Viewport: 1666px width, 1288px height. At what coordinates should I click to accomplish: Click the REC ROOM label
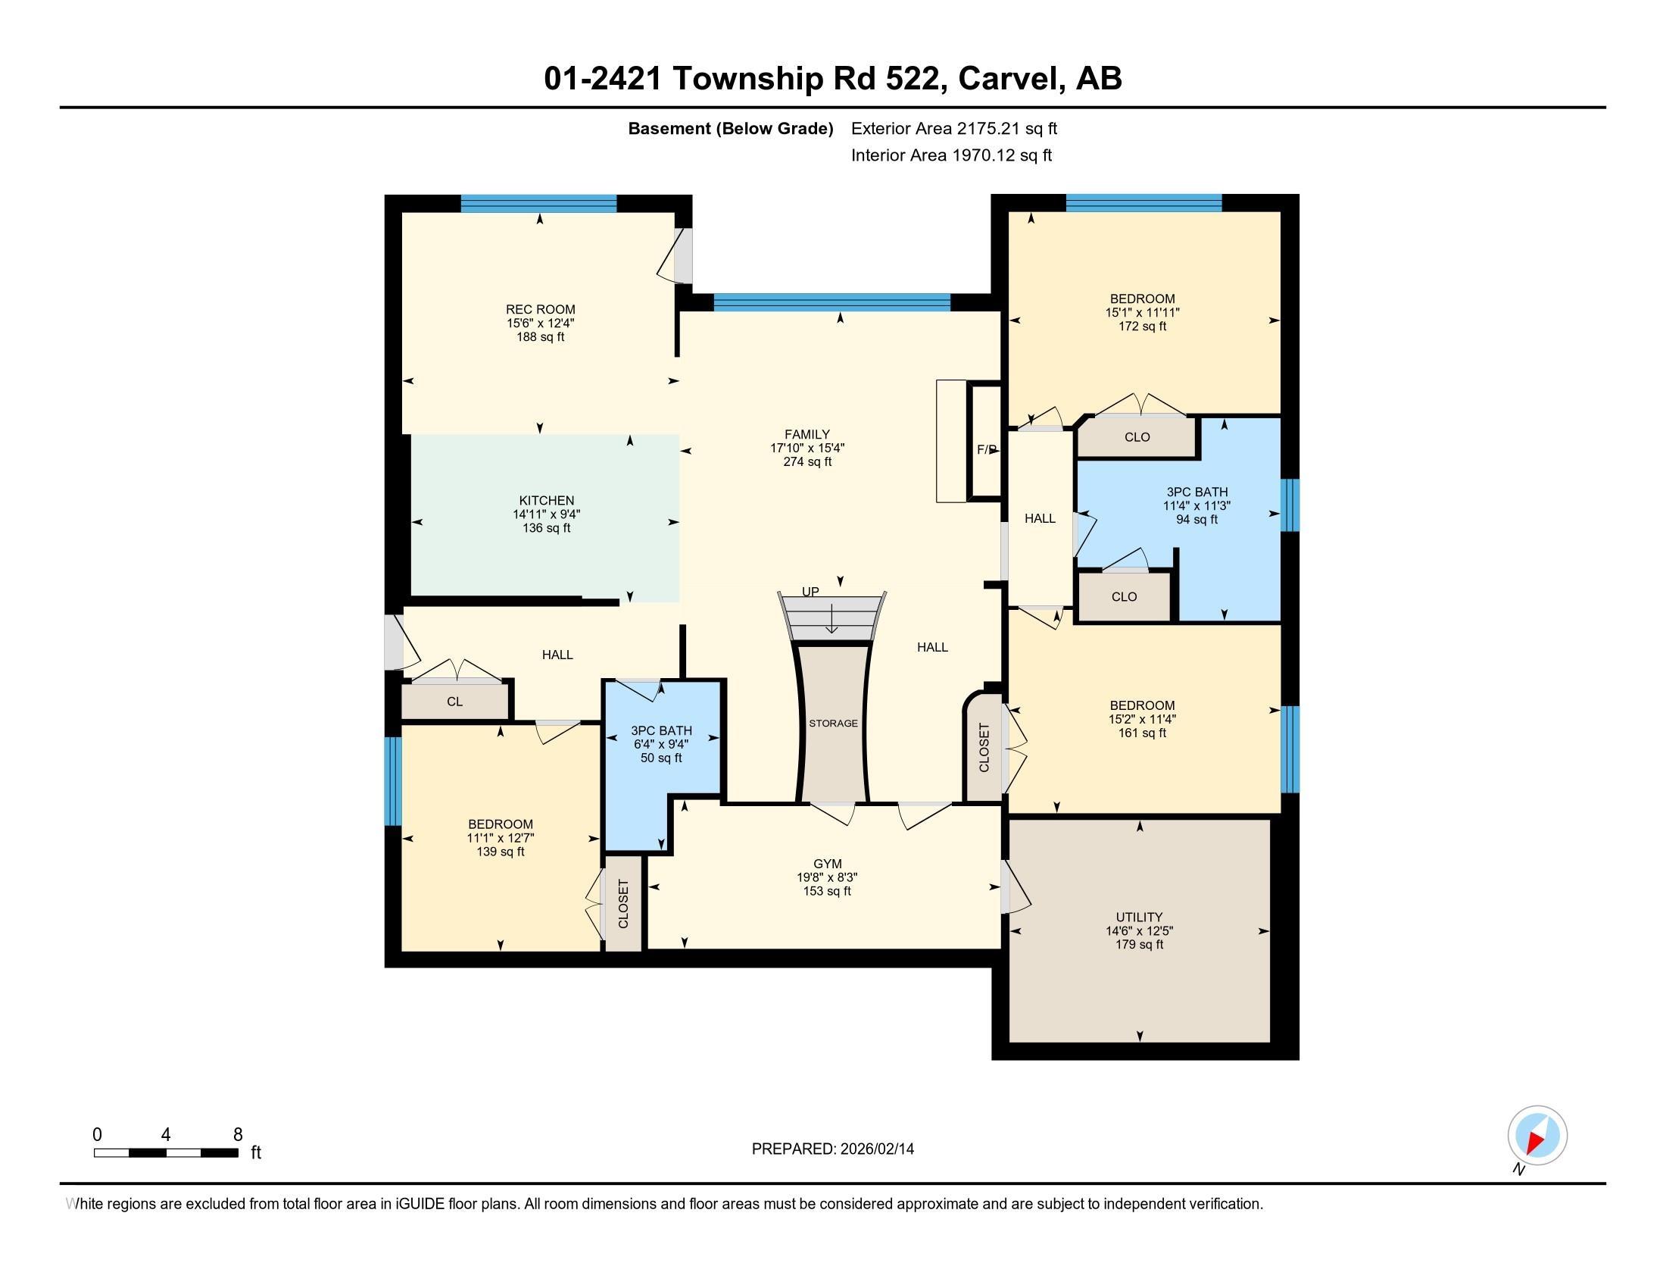(x=540, y=309)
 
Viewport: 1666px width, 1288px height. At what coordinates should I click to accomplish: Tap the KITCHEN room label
(x=546, y=501)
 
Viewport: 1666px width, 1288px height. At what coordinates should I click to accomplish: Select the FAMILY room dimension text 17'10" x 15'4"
(x=807, y=449)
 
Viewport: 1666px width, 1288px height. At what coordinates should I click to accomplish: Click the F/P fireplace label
(x=987, y=449)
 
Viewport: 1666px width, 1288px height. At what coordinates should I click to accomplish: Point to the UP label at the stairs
(x=810, y=592)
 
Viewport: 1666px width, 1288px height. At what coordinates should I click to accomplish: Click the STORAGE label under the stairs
(x=833, y=724)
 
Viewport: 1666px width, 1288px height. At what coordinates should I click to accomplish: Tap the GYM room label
(x=827, y=864)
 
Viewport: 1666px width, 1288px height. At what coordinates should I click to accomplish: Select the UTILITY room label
(x=1139, y=918)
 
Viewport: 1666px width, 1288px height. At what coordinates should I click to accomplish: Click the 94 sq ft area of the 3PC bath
(x=1196, y=520)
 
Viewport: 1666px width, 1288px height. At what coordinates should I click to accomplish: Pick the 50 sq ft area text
(x=660, y=758)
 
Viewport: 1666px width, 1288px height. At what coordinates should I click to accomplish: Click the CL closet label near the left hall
(x=454, y=702)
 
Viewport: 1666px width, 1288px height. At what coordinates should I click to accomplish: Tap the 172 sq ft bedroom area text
(x=1142, y=327)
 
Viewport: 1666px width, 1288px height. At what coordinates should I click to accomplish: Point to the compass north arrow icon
(x=1537, y=1136)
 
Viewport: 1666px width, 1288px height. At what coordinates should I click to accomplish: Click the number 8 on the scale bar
(x=237, y=1135)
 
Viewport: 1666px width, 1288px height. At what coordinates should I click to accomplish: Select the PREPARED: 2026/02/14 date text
(x=832, y=1149)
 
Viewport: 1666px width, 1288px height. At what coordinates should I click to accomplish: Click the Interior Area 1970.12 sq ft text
(x=950, y=155)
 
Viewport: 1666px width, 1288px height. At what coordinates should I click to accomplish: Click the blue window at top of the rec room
(x=538, y=203)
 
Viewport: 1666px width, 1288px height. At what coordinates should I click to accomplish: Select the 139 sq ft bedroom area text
(x=500, y=852)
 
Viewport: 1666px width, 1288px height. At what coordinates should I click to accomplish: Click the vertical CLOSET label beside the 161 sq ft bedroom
(x=984, y=748)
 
